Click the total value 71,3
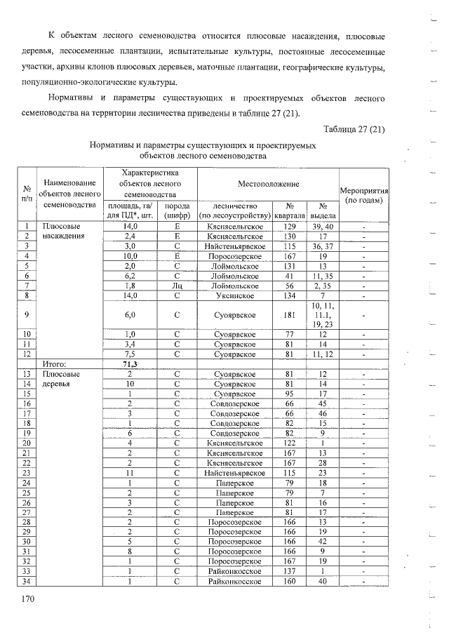[x=130, y=364]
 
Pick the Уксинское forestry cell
[x=234, y=295]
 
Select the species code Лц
[x=177, y=286]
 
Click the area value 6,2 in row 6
[x=130, y=276]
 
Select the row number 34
[x=26, y=581]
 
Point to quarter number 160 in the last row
[x=288, y=581]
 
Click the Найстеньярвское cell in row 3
[x=234, y=246]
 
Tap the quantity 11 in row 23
[x=130, y=473]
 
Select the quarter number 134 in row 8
[x=288, y=295]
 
